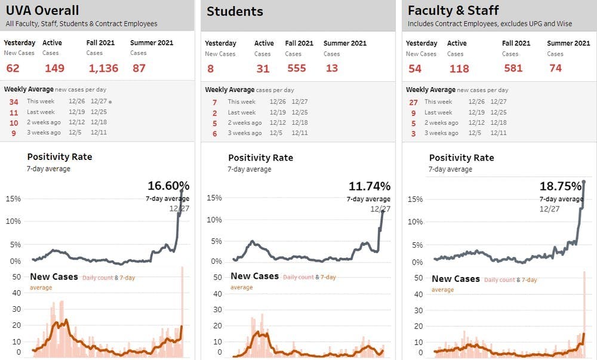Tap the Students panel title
pyautogui.click(x=235, y=11)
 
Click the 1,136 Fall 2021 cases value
pyautogui.click(x=103, y=68)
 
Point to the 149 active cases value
pyautogui.click(x=54, y=68)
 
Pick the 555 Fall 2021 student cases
pyautogui.click(x=296, y=68)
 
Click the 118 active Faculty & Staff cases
pyautogui.click(x=459, y=68)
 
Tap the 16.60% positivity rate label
pyautogui.click(x=168, y=186)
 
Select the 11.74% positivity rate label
pyautogui.click(x=370, y=186)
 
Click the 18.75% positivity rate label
pyautogui.click(x=561, y=186)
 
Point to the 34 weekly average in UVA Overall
pyautogui.click(x=14, y=101)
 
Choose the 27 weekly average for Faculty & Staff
pyautogui.click(x=413, y=101)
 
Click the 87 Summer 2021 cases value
pyautogui.click(x=139, y=68)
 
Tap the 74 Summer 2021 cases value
pyautogui.click(x=556, y=68)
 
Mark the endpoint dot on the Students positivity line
pyautogui.click(x=383, y=211)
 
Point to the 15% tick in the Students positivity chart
pyautogui.click(x=214, y=198)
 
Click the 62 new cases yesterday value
pyautogui.click(x=13, y=68)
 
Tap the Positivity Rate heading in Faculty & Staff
pyautogui.click(x=461, y=158)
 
